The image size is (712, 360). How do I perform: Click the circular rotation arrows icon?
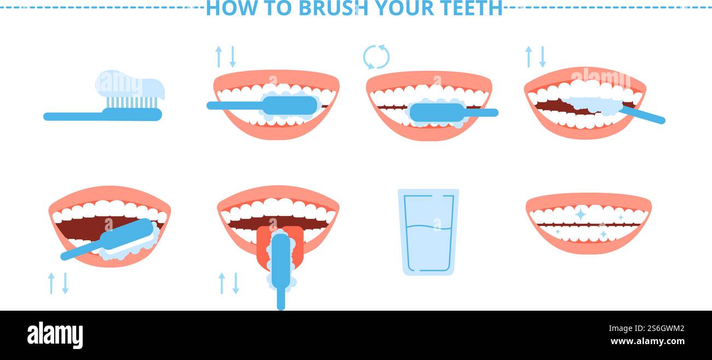pyautogui.click(x=376, y=57)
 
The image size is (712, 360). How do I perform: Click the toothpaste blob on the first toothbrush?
pyautogui.click(x=130, y=85)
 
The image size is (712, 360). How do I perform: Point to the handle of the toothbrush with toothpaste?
pyautogui.click(x=74, y=116)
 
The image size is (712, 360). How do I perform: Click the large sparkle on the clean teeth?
pyautogui.click(x=580, y=214)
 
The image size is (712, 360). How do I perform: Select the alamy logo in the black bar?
pyautogui.click(x=55, y=335)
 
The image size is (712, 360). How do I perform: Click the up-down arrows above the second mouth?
pyautogui.click(x=225, y=57)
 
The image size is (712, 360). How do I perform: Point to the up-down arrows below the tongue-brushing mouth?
pyautogui.click(x=228, y=283)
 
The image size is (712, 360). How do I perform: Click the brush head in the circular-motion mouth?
pyautogui.click(x=437, y=112)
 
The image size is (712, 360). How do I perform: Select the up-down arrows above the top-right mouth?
pyautogui.click(x=535, y=57)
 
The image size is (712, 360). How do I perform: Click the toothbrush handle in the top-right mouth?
pyautogui.click(x=644, y=115)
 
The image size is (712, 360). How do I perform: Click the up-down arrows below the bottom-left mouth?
pyautogui.click(x=58, y=283)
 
